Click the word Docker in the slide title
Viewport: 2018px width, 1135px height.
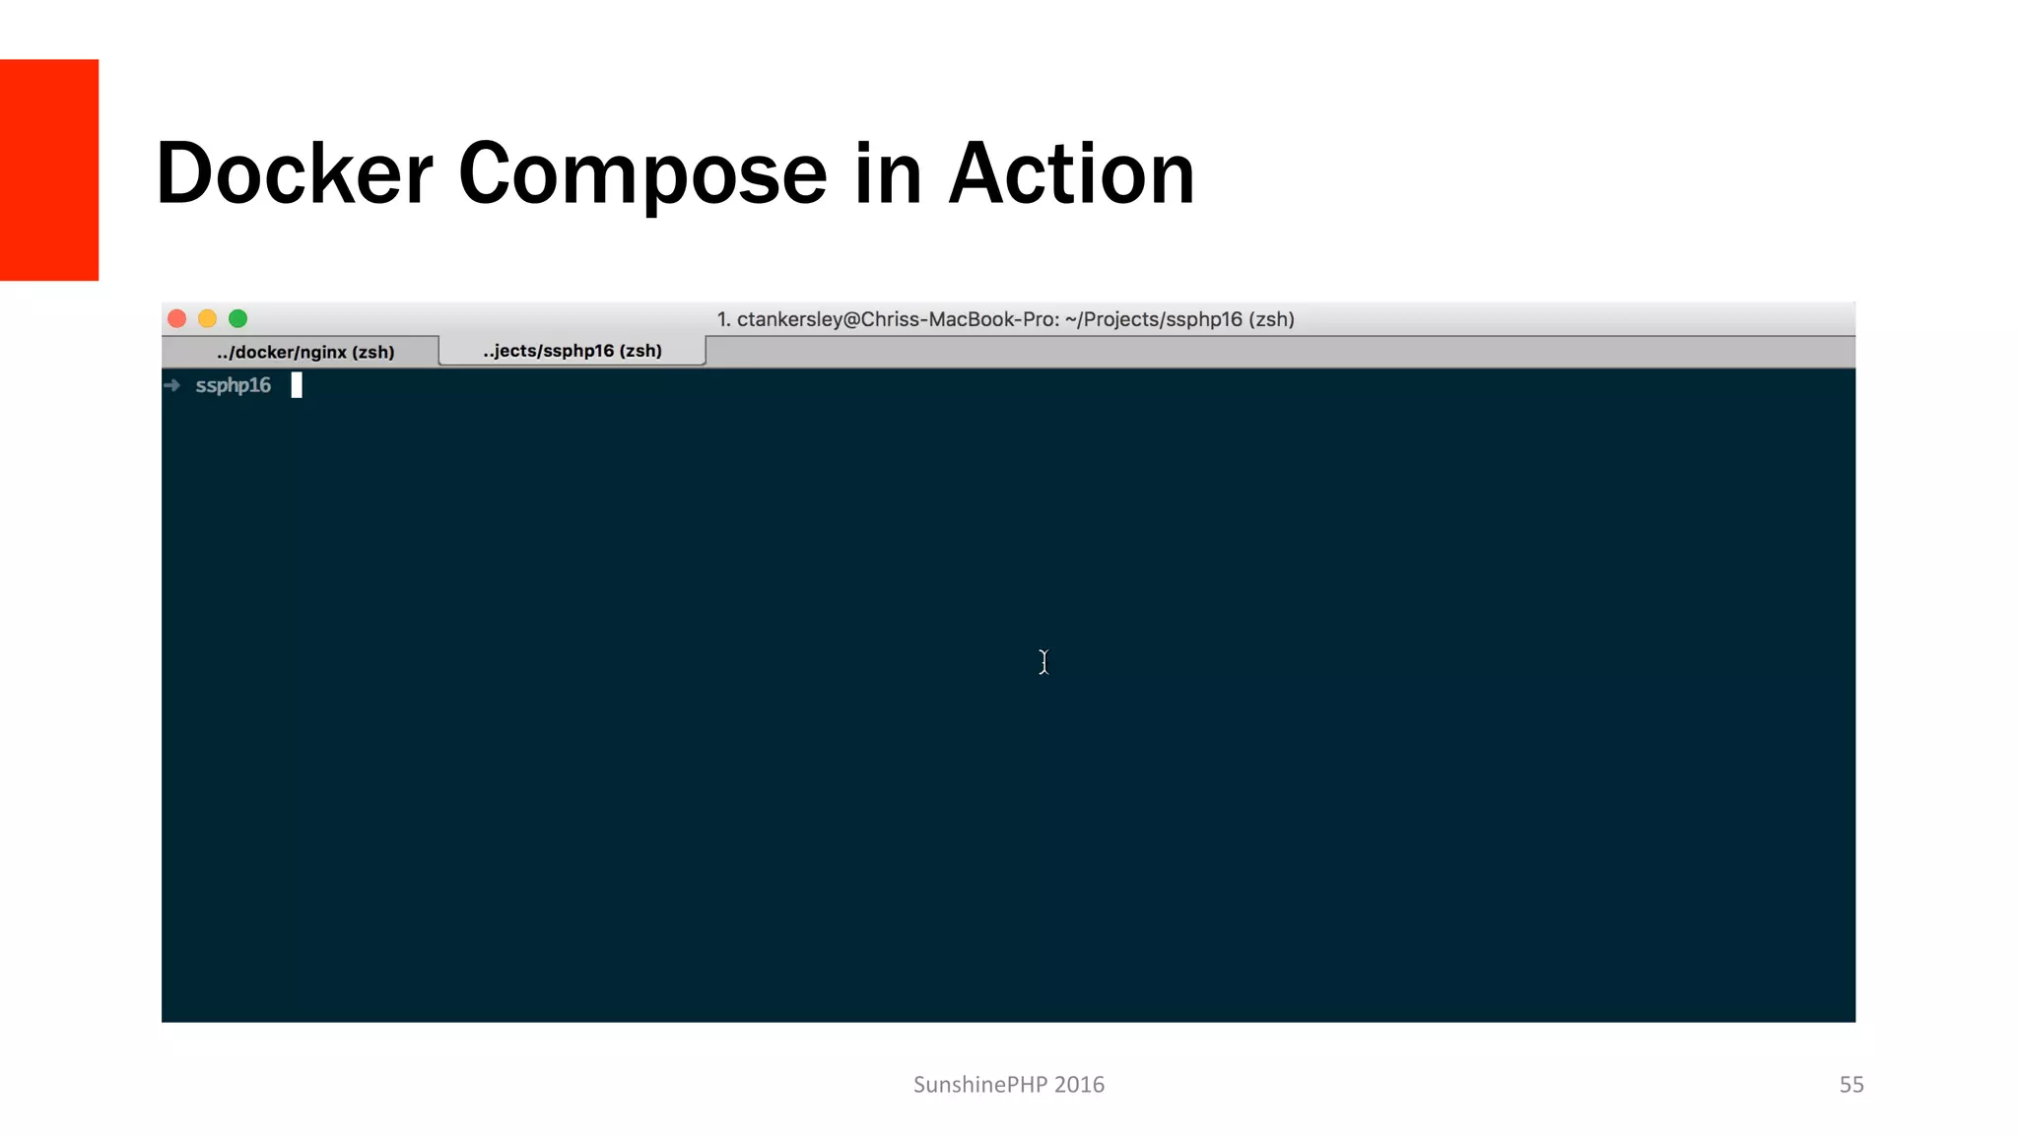[x=294, y=173]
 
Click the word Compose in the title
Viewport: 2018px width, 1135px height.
[x=642, y=175]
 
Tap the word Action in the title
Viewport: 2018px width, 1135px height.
[x=1071, y=173]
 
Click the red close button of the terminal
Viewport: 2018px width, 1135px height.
[x=177, y=318]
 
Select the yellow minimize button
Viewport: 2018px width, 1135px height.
[x=208, y=318]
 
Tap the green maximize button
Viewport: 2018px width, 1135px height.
[x=238, y=318]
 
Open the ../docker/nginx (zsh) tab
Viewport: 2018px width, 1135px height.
[x=304, y=352]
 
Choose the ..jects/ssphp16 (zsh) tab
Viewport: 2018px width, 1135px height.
[x=572, y=351]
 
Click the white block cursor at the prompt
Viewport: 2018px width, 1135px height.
[x=297, y=385]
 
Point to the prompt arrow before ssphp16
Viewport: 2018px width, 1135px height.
[x=172, y=385]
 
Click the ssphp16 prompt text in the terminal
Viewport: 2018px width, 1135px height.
[x=233, y=385]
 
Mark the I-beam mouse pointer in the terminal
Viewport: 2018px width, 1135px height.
[x=1043, y=662]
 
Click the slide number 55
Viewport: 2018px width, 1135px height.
[x=1851, y=1085]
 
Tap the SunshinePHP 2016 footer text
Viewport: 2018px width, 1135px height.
[x=1008, y=1085]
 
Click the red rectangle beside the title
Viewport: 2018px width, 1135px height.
[x=49, y=169]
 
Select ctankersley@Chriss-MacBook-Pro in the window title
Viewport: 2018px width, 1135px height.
[x=897, y=319]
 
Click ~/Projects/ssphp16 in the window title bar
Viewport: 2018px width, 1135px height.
[x=1153, y=319]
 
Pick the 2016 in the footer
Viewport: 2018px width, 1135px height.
[x=1079, y=1085]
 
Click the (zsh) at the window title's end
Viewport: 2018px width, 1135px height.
[x=1271, y=319]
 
